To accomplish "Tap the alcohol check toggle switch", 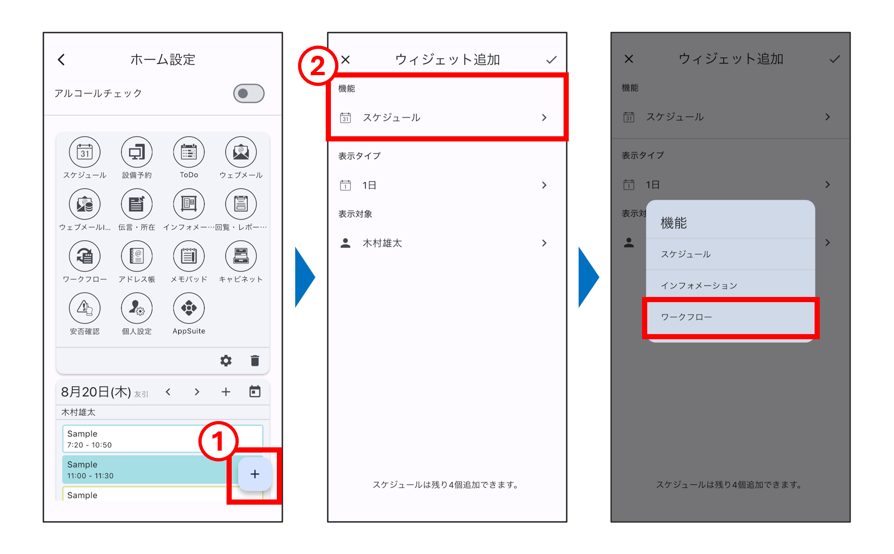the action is [249, 94].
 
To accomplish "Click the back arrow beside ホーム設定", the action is [61, 60].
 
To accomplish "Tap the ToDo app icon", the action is [189, 152].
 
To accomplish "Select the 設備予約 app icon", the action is [137, 152].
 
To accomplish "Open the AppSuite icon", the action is [189, 308].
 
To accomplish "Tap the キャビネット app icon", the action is [241, 256].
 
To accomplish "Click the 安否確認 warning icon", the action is [85, 308].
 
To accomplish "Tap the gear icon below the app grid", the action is [226, 360].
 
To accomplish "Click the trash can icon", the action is [255, 360].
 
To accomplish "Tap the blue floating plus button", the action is [255, 474].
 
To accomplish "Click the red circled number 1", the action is [218, 441].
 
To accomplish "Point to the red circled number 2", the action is [318, 66].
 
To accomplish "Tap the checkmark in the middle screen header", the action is [551, 60].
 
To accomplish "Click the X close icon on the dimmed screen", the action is [629, 59].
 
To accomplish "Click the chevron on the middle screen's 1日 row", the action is [544, 185].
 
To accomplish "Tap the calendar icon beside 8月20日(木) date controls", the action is [255, 391].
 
